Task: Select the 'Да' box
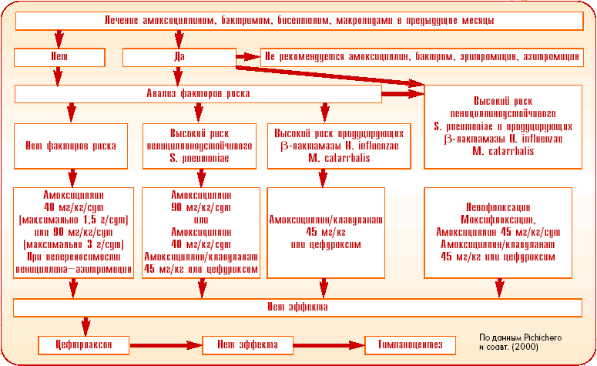point(179,56)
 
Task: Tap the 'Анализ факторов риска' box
point(198,94)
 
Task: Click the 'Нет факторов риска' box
point(71,145)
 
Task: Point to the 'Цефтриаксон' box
point(83,344)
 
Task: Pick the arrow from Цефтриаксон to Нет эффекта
point(165,344)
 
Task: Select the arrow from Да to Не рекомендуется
point(247,56)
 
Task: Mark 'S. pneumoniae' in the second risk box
point(201,156)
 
